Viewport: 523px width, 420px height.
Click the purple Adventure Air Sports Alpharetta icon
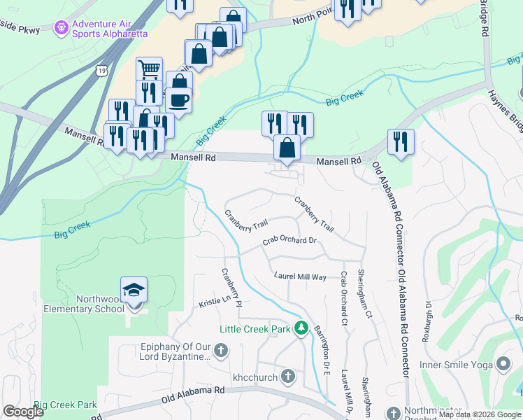[x=62, y=27]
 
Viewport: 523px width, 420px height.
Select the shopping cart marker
[x=149, y=70]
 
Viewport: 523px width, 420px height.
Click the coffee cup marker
[x=178, y=100]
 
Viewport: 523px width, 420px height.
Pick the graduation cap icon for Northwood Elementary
[x=134, y=289]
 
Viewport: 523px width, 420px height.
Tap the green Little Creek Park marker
[x=301, y=328]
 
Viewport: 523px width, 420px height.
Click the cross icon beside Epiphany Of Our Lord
[x=220, y=350]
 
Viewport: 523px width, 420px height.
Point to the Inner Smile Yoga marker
[x=503, y=364]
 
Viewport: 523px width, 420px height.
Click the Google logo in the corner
[x=24, y=412]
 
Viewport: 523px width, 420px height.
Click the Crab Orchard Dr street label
[x=290, y=241]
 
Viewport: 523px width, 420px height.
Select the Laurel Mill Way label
[x=300, y=277]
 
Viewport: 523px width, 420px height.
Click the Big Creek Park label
[x=65, y=405]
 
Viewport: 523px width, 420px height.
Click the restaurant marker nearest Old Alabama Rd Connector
[x=401, y=141]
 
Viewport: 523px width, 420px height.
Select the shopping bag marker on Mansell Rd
[x=287, y=148]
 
